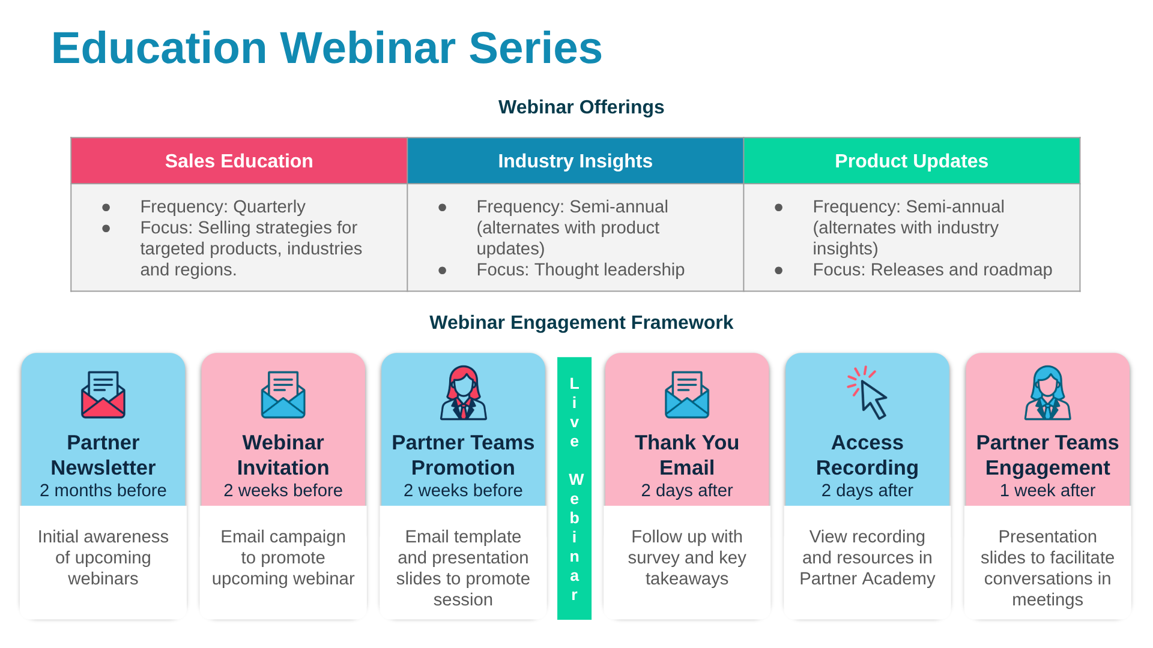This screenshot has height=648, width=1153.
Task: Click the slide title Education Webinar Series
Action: click(x=327, y=48)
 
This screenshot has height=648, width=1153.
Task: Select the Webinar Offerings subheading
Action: click(x=581, y=107)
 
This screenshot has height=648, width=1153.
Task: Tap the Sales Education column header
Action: click(x=239, y=161)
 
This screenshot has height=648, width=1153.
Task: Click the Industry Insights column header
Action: click(x=575, y=161)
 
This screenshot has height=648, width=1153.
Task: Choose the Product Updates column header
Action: click(x=911, y=161)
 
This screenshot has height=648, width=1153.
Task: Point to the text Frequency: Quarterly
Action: click(x=223, y=206)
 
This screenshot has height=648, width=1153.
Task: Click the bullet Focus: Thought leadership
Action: click(x=580, y=270)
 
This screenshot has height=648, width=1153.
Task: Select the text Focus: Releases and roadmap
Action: click(x=932, y=270)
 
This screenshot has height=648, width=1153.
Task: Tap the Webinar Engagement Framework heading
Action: click(x=581, y=322)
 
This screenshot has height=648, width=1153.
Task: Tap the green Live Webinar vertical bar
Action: click(x=574, y=488)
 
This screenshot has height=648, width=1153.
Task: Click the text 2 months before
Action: click(x=103, y=490)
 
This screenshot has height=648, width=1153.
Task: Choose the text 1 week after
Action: click(x=1047, y=490)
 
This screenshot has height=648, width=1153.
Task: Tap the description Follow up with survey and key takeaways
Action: click(x=687, y=557)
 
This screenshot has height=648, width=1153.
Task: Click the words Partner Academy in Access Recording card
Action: click(x=867, y=578)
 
